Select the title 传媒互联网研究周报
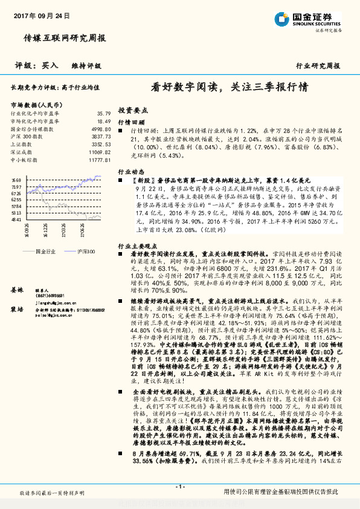coord(65,37)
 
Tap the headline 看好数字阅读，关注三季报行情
coord(230,86)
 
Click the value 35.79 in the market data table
coord(103,113)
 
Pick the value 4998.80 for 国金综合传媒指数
coord(101,129)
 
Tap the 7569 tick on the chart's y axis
coord(16,180)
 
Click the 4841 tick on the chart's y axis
coord(16,219)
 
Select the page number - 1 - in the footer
coord(179,487)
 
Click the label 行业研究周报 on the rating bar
coord(318,65)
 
